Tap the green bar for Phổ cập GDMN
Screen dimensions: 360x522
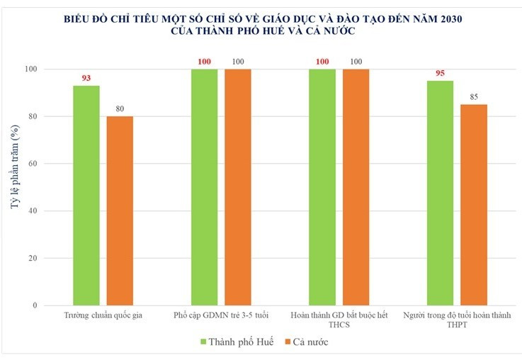pos(204,187)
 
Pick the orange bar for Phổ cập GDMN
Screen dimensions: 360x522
pos(238,187)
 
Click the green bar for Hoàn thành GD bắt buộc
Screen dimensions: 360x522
pos(322,187)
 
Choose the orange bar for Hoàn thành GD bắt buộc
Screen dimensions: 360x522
pos(356,187)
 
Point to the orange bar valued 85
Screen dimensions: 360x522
pos(474,205)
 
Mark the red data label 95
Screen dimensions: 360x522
pos(440,73)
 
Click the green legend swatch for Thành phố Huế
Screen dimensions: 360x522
pos(204,342)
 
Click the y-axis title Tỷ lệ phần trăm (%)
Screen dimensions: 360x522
pos(15,187)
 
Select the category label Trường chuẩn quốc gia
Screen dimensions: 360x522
pos(103,315)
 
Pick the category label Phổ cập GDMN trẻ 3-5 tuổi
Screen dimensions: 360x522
pos(220,315)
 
